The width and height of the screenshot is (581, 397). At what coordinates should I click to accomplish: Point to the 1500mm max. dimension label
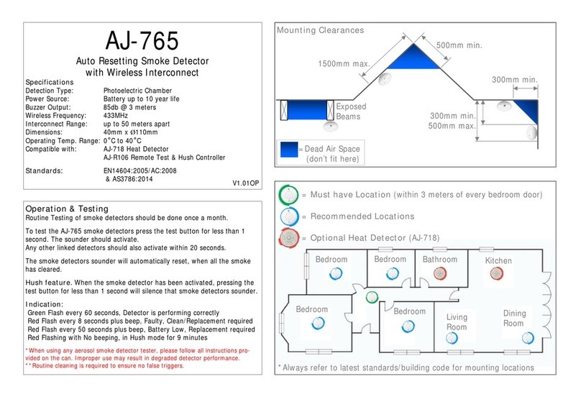344,64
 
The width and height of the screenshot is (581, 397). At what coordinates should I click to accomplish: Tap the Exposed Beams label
352,111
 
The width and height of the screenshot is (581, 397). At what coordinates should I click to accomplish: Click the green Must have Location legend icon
289,195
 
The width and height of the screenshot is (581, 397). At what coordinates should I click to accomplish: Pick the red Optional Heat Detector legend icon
289,238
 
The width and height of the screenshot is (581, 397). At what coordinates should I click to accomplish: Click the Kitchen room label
498,260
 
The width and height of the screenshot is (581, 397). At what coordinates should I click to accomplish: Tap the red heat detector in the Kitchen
496,273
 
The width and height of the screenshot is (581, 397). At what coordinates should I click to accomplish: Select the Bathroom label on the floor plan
440,260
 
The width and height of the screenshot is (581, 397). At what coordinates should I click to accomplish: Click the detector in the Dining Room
529,337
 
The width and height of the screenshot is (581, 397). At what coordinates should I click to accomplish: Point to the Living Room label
457,321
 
